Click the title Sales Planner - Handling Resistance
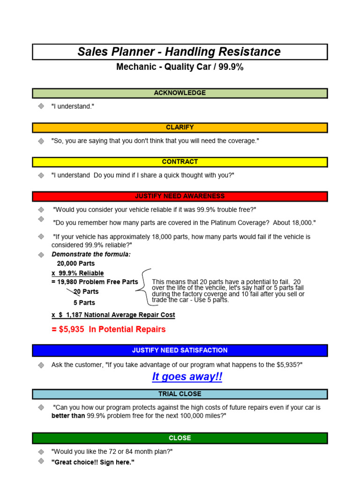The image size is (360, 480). (x=180, y=52)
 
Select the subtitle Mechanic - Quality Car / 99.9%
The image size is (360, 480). (x=180, y=67)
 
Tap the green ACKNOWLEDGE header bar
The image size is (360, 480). (x=180, y=93)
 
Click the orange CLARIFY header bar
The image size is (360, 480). (x=180, y=127)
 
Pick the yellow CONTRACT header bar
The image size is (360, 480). (x=180, y=162)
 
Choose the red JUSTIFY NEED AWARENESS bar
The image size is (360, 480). (x=180, y=196)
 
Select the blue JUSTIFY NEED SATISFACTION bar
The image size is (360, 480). (x=180, y=350)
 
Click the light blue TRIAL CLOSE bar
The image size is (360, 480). (x=180, y=394)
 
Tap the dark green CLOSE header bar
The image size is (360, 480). (x=180, y=438)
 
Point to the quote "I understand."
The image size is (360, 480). (x=73, y=106)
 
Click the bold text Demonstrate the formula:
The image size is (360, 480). (x=91, y=254)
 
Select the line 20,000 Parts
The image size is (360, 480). (x=76, y=263)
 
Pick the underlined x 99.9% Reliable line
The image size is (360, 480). (x=78, y=273)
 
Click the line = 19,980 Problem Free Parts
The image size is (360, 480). (x=95, y=282)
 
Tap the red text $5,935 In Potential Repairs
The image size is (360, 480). (x=109, y=330)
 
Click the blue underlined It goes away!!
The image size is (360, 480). (x=187, y=377)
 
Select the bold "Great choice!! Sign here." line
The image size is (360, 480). (x=93, y=462)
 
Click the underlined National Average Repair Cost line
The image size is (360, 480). (x=113, y=315)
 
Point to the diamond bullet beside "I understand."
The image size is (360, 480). (x=41, y=106)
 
